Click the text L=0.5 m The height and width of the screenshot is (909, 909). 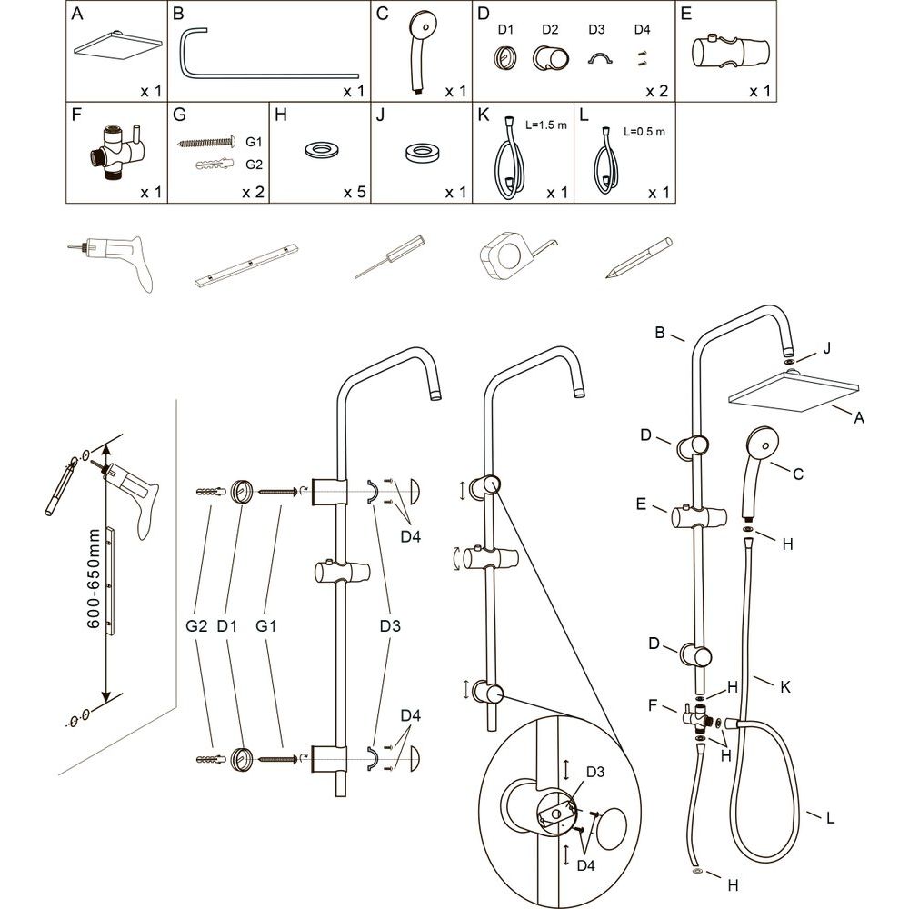[644, 131]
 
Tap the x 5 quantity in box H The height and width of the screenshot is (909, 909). [354, 193]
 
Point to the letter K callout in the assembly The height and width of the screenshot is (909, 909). [784, 688]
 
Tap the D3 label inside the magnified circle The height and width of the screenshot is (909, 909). [595, 772]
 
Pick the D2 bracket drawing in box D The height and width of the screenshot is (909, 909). [551, 60]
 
